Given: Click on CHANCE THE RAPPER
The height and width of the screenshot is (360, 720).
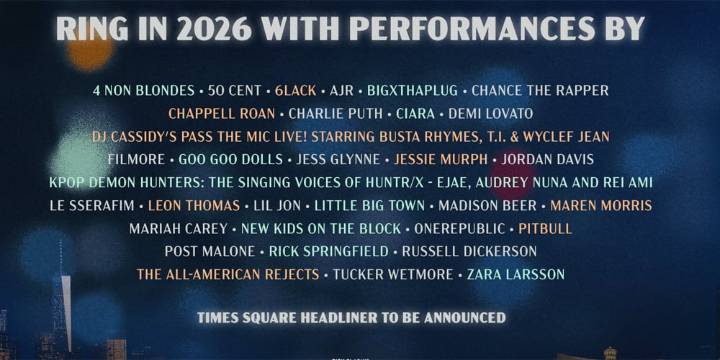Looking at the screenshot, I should click(x=540, y=90).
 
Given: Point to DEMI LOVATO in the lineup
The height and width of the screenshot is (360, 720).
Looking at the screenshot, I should click(x=490, y=113).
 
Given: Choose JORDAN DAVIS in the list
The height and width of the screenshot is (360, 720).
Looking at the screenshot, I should click(x=547, y=159).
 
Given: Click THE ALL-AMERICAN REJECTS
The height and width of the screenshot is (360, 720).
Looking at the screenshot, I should click(x=228, y=274).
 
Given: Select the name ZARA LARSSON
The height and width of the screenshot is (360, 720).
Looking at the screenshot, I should click(x=517, y=274).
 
